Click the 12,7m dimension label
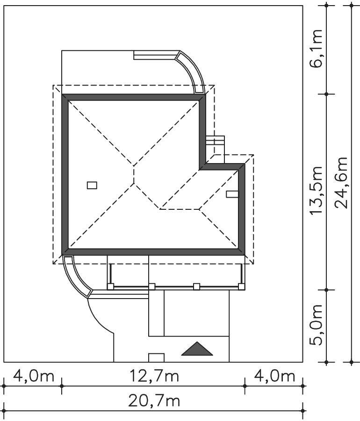(x=154, y=376)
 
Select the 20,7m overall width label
(x=154, y=401)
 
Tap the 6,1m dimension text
(x=316, y=48)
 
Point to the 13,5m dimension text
(x=316, y=190)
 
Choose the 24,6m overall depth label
(x=341, y=183)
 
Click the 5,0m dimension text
(x=316, y=325)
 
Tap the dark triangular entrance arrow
(x=197, y=349)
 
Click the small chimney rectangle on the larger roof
(x=92, y=185)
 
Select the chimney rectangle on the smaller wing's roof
(x=232, y=194)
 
